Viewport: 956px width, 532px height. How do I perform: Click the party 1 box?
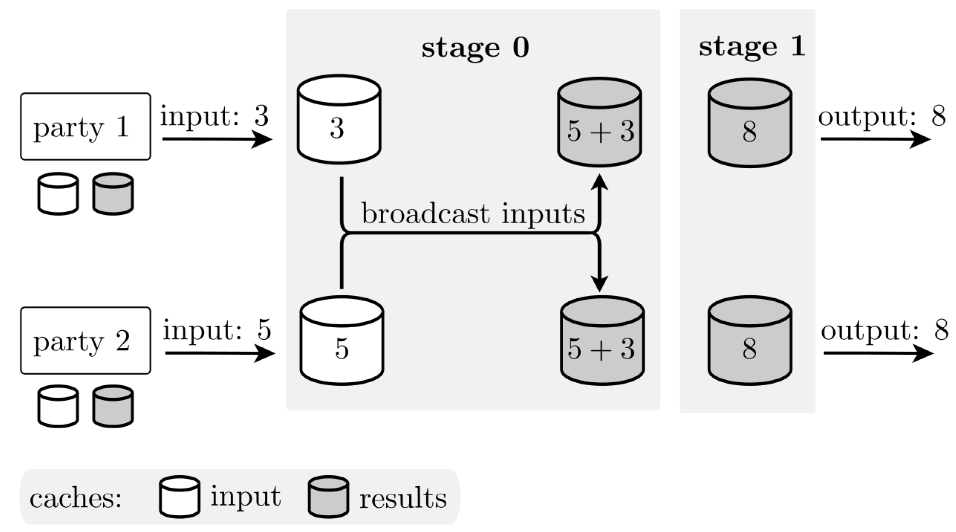click(x=85, y=127)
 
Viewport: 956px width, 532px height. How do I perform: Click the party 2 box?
click(x=85, y=340)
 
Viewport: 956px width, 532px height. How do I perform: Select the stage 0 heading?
click(x=475, y=49)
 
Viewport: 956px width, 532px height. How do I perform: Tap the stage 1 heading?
click(x=752, y=47)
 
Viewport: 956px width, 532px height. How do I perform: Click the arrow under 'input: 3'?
click(x=217, y=139)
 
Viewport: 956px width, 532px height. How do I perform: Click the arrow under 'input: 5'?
click(x=220, y=353)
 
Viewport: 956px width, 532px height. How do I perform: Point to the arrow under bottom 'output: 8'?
click(x=878, y=353)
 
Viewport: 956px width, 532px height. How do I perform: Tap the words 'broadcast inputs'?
click(x=473, y=214)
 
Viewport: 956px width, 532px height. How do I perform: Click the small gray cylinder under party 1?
click(x=113, y=194)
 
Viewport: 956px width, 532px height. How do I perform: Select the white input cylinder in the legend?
click(x=180, y=497)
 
